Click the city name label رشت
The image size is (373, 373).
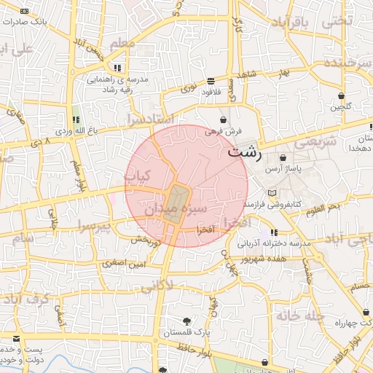click(244, 153)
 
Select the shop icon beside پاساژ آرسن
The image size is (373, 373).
click(282, 158)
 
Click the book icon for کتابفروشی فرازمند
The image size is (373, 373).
click(272, 194)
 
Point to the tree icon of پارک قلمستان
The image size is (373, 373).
click(188, 321)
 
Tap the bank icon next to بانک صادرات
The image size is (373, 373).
click(25, 12)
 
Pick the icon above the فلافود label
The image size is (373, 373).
click(211, 81)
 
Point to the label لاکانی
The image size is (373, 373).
click(156, 286)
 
